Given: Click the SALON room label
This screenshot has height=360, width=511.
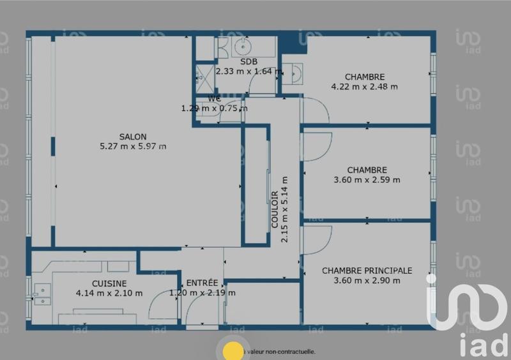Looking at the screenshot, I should point(133,137).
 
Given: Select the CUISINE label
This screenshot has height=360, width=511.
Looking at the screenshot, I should point(109,283).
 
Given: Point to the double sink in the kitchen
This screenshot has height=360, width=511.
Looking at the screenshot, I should point(42,294).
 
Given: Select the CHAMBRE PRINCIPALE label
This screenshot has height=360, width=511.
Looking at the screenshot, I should point(367,271).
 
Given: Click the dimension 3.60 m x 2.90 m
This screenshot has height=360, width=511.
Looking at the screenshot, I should point(367,280).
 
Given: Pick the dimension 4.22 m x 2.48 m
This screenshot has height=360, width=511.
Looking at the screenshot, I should point(364,87).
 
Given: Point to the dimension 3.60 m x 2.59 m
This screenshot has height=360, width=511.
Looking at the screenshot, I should point(367,179).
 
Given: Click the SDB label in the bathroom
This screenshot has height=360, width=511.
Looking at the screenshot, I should point(248,62).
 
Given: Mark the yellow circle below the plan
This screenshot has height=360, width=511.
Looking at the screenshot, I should point(232,350).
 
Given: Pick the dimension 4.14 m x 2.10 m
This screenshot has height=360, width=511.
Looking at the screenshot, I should point(109,293).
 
